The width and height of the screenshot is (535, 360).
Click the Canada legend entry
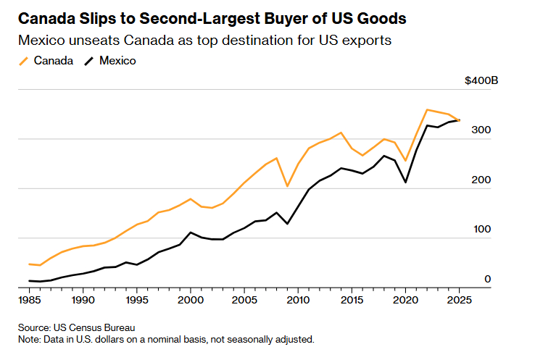[51, 61]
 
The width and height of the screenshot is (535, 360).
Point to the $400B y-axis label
[481, 80]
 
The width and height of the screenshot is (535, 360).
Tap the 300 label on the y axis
[483, 130]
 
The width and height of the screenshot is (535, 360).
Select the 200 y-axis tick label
[483, 180]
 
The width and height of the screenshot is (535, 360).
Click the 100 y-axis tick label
[483, 229]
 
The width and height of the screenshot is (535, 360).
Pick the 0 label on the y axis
[488, 279]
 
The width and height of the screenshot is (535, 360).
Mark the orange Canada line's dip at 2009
[287, 186]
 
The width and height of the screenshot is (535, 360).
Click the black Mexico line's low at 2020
[405, 182]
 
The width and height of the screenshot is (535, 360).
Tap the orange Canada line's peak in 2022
[427, 109]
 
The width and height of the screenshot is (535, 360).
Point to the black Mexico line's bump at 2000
[190, 233]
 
